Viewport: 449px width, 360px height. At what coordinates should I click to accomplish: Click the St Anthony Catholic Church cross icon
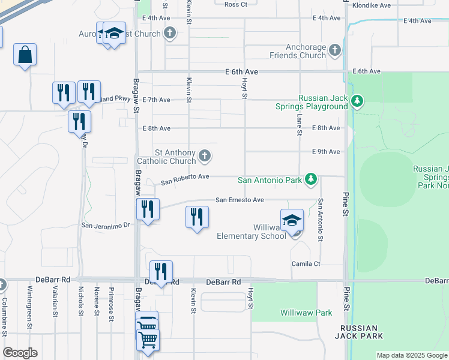205,157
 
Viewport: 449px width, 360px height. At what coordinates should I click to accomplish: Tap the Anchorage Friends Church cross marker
335,51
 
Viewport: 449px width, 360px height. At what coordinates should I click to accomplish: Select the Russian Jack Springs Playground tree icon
357,100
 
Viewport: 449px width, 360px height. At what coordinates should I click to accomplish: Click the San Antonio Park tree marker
310,179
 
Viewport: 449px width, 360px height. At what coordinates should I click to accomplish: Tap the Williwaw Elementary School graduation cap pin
292,221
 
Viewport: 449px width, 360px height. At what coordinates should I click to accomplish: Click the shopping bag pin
25,55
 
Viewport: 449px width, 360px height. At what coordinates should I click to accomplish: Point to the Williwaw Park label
306,313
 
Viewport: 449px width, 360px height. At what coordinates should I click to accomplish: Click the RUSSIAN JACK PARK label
359,332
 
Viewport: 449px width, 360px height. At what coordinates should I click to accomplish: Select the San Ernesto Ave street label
240,200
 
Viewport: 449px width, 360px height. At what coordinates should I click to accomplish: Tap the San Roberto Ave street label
185,177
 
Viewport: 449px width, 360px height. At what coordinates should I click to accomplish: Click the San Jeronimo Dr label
106,225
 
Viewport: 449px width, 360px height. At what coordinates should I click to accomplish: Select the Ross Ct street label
235,5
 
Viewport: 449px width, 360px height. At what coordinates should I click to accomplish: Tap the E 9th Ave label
326,152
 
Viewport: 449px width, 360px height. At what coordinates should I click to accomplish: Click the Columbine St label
4,317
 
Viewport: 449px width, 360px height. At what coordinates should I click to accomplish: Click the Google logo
20,353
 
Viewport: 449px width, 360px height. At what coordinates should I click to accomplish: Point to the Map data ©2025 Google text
412,355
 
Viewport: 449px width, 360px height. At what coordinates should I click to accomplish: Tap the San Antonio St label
321,220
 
